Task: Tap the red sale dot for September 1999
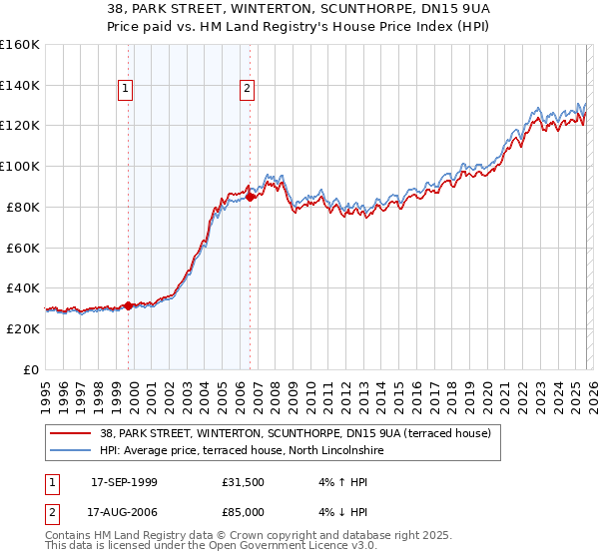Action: pos(129,305)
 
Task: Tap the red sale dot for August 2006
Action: pos(251,197)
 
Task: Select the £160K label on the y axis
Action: pos(20,45)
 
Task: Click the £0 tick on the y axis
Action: pos(30,369)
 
